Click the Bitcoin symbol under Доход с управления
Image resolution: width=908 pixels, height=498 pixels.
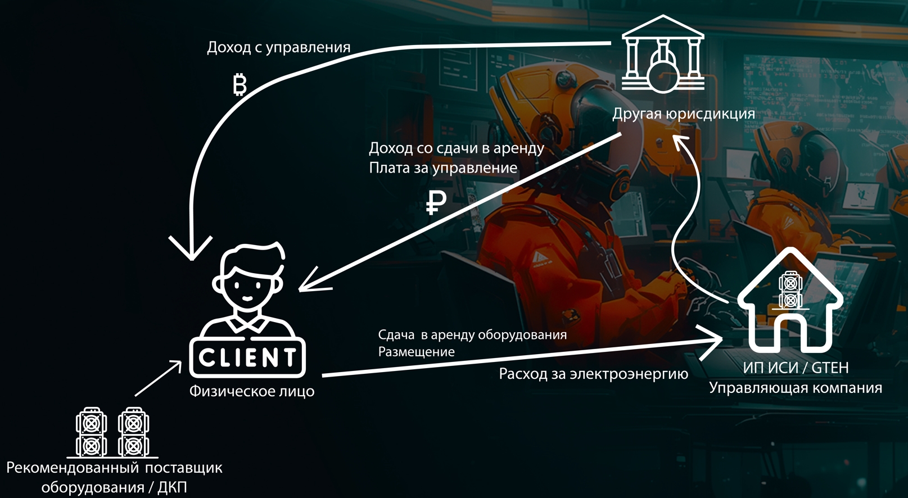240,85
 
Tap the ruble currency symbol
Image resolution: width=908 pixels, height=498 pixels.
436,202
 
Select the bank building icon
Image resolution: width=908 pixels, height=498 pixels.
663,55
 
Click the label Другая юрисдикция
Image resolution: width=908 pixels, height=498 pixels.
683,114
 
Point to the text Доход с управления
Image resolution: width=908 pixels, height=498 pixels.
278,47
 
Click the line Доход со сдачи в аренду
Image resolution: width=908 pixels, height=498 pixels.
456,148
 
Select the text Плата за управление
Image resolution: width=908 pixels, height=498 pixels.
443,168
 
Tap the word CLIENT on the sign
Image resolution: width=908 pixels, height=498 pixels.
247,357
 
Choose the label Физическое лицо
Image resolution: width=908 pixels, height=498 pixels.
251,391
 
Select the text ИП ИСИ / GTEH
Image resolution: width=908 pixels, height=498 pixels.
796,368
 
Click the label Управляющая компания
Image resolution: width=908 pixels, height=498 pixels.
795,388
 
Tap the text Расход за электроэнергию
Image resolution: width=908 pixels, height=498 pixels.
593,374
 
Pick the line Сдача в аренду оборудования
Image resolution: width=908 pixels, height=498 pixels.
472,335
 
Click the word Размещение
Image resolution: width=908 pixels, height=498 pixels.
416,352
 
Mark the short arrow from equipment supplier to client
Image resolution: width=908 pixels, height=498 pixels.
159,379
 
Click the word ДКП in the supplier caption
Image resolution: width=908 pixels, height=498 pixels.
172,487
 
